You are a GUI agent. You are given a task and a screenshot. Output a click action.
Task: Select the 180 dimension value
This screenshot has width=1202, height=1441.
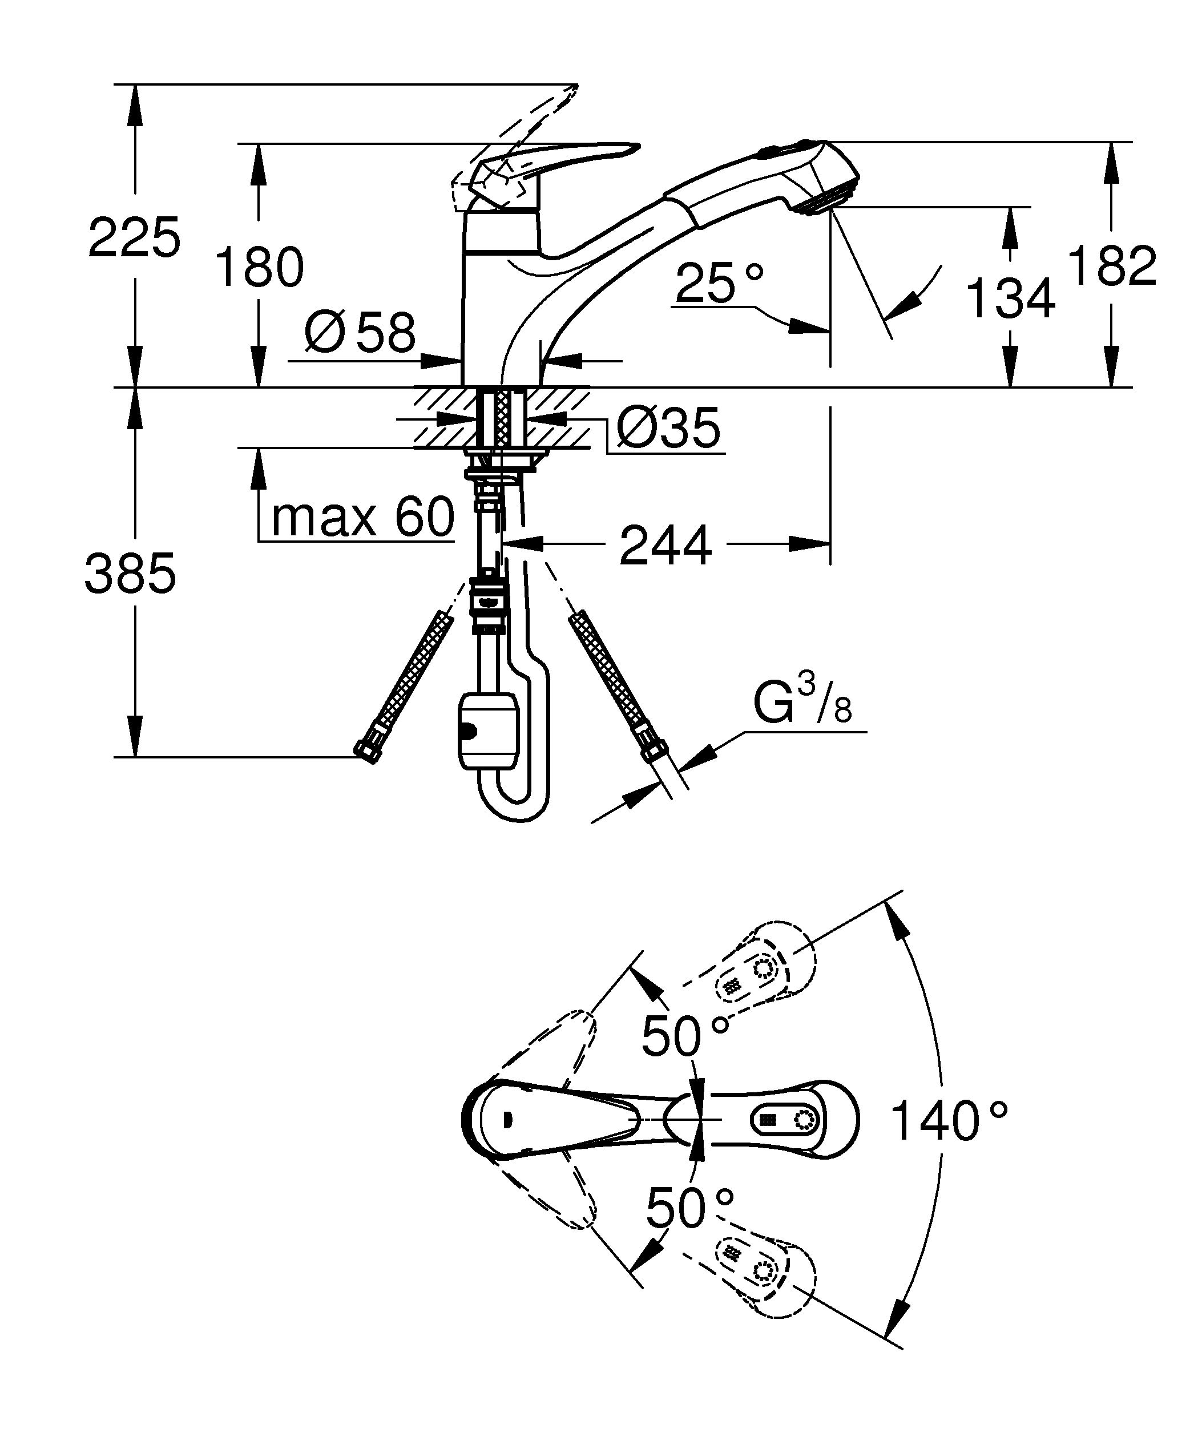tap(259, 267)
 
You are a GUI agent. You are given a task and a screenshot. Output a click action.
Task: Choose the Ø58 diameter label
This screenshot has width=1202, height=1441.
tap(360, 333)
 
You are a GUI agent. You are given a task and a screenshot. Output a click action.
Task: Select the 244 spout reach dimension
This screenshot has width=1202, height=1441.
tap(665, 546)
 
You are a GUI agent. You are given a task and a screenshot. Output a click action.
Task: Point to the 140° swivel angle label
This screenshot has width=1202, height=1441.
tap(949, 1121)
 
